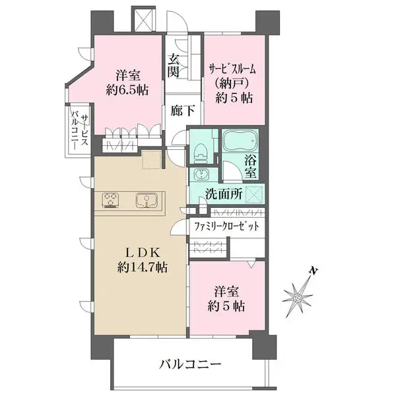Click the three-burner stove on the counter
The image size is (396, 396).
(x=111, y=199)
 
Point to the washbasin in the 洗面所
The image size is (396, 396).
(x=200, y=175)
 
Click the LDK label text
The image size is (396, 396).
(x=141, y=251)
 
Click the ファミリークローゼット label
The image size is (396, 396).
(x=226, y=226)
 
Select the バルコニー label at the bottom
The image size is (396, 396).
(x=191, y=364)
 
